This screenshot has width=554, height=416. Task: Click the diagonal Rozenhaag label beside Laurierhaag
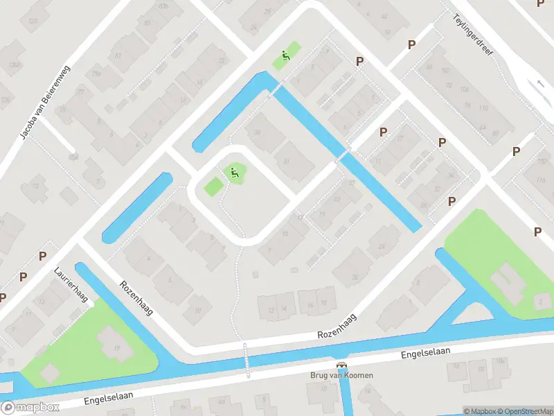[x=136, y=297]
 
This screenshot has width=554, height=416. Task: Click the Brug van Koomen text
[x=341, y=376]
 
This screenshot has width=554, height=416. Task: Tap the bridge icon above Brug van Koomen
[x=341, y=365]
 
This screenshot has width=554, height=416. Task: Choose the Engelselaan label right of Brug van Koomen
[x=426, y=353]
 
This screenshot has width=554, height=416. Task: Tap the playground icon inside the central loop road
[x=234, y=172]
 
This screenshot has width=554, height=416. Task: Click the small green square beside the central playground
[x=213, y=186]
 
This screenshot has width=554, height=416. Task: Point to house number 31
[x=286, y=162]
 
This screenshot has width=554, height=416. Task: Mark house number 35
[x=258, y=133]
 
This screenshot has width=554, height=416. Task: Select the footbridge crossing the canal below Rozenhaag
[x=244, y=360]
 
